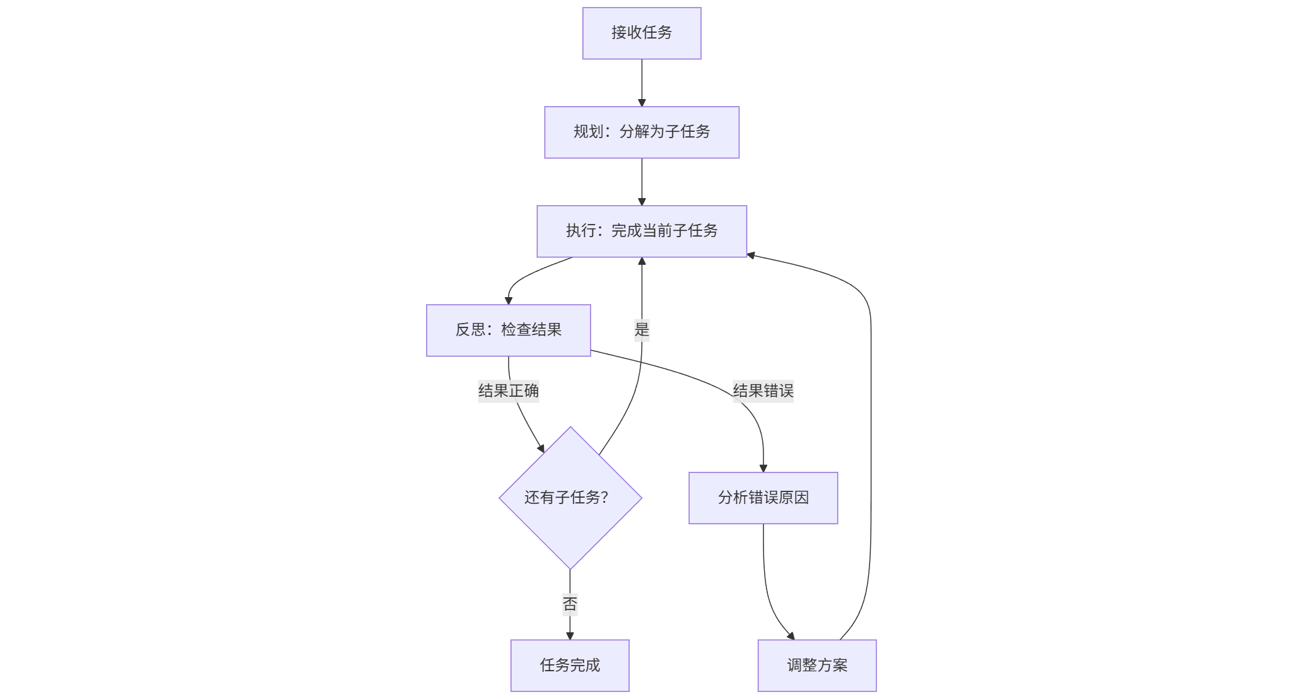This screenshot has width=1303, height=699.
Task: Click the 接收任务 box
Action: click(641, 33)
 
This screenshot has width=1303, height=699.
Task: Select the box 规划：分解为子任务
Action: click(641, 132)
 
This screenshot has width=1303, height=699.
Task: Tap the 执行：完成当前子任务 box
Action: click(641, 231)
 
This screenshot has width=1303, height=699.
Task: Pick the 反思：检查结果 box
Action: click(508, 330)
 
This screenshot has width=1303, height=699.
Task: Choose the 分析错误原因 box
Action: click(762, 498)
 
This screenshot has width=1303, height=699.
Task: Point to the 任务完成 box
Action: click(569, 665)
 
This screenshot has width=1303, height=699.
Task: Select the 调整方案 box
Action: click(817, 665)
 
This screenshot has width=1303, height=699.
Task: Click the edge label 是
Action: click(641, 329)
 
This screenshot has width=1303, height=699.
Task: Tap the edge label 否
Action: click(569, 604)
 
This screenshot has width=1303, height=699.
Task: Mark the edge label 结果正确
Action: click(508, 391)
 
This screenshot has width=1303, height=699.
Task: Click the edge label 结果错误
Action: click(762, 391)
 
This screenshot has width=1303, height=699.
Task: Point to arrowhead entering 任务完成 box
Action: click(570, 636)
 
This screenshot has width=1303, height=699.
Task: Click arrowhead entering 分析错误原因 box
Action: click(763, 468)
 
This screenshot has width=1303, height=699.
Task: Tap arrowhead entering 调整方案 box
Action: click(790, 635)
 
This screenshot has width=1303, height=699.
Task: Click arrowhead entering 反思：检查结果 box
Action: click(509, 300)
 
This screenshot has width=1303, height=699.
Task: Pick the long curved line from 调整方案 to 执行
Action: click(871, 442)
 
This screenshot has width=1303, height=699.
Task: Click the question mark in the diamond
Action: click(604, 498)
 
